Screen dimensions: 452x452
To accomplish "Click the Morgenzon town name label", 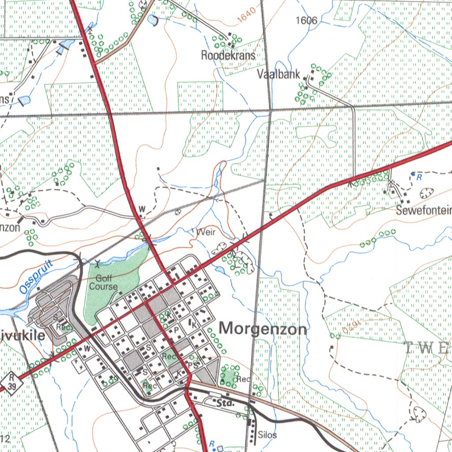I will pos(263,329).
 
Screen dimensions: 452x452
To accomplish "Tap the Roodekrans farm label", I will pos(228,55).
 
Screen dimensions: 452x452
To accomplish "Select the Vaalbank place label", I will pos(279,74).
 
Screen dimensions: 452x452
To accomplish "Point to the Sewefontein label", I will pos(423,210).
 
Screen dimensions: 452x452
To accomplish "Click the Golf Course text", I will pos(104,282).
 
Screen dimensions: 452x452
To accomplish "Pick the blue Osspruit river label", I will pos(36,277).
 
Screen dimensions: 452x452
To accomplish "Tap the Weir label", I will pos(206,232).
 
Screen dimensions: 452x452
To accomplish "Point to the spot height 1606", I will pos(307,20).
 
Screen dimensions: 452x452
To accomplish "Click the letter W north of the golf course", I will pos(142,208).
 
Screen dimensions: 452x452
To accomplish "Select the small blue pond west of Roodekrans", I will pos(153,20).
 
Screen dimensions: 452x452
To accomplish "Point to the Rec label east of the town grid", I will pos(243,379).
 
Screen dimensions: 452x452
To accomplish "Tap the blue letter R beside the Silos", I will pos(212,444).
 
